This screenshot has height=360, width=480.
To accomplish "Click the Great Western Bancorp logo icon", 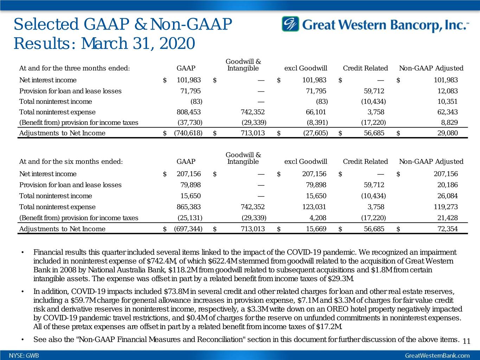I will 290,24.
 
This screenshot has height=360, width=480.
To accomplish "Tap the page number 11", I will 467,341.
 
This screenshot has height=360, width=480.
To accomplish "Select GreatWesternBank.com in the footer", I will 437,355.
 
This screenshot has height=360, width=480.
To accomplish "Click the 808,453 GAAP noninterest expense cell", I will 188,112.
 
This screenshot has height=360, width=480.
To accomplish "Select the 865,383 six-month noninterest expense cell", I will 188,207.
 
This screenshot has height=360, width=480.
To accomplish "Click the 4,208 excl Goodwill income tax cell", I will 318,218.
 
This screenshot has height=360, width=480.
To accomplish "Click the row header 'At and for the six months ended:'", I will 71,162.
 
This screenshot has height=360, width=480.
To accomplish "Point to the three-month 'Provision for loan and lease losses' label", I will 70,91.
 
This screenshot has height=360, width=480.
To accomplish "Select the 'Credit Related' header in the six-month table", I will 365,162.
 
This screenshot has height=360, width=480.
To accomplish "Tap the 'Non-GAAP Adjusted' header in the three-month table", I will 431,68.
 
